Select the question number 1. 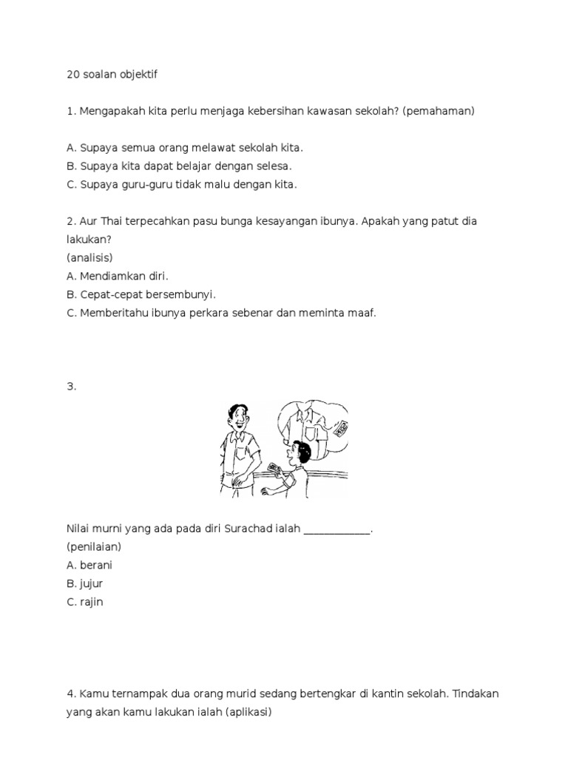[x=70, y=111]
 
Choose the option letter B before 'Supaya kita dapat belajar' [x=70, y=166]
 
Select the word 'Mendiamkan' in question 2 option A [x=111, y=276]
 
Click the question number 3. [x=70, y=386]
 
